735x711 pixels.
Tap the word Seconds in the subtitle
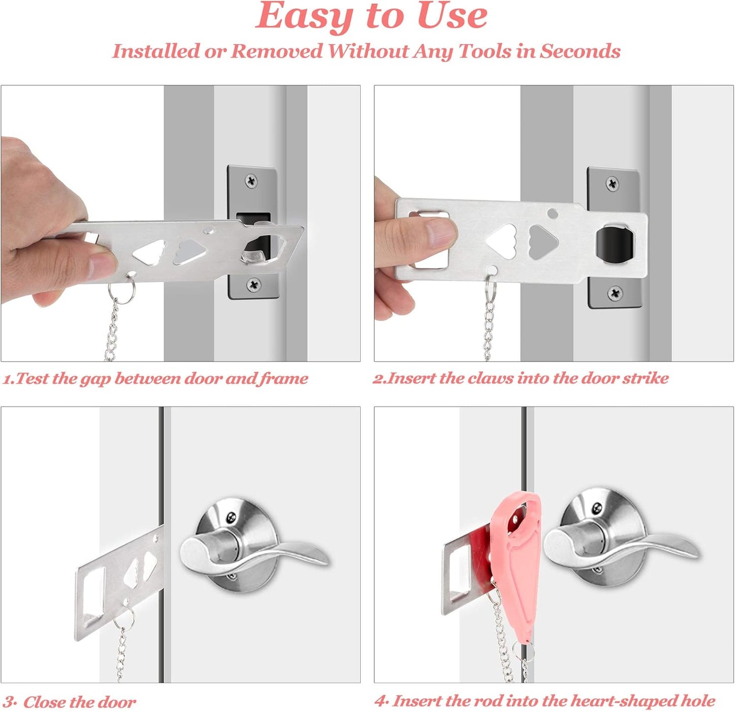[x=580, y=51]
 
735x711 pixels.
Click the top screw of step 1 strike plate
[x=251, y=180]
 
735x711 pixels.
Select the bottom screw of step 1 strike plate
[x=252, y=284]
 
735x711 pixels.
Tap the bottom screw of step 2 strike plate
[x=615, y=292]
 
